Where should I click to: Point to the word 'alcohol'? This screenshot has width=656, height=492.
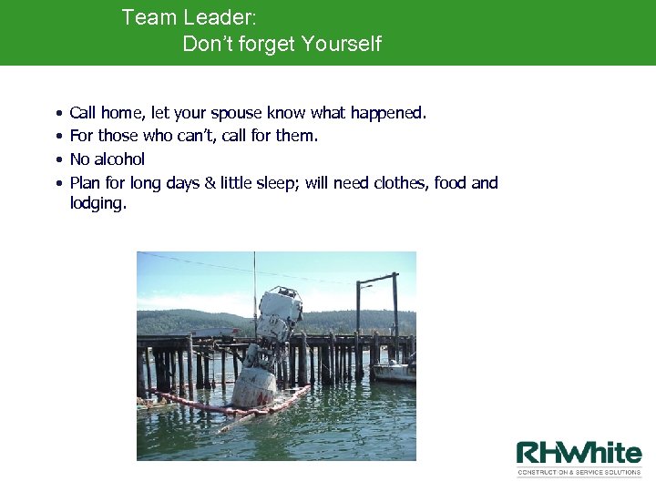[119, 159]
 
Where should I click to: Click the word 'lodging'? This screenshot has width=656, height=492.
[97, 203]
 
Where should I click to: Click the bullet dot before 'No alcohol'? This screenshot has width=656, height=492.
[58, 159]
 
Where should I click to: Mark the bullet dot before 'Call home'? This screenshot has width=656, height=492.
[58, 114]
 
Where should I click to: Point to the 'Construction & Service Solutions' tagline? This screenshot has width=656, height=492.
[579, 473]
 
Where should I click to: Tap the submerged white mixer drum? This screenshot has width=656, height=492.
[254, 385]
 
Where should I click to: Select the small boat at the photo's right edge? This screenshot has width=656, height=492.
[393, 371]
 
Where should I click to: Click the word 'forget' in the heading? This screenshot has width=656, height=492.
[267, 44]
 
